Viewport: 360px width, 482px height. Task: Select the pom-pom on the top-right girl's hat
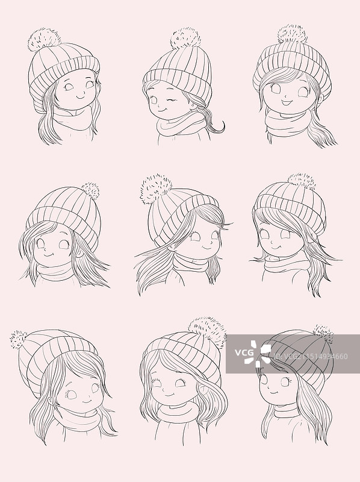coord(293,34)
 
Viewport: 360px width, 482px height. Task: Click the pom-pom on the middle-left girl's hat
coord(91,190)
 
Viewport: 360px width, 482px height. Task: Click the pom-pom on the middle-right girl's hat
coord(302,181)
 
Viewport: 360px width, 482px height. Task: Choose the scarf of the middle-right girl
coord(287,264)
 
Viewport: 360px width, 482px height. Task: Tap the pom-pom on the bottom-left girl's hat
coord(19,340)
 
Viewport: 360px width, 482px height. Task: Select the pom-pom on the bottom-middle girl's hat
coord(206,329)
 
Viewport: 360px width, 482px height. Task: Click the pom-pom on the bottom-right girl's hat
coord(323,333)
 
